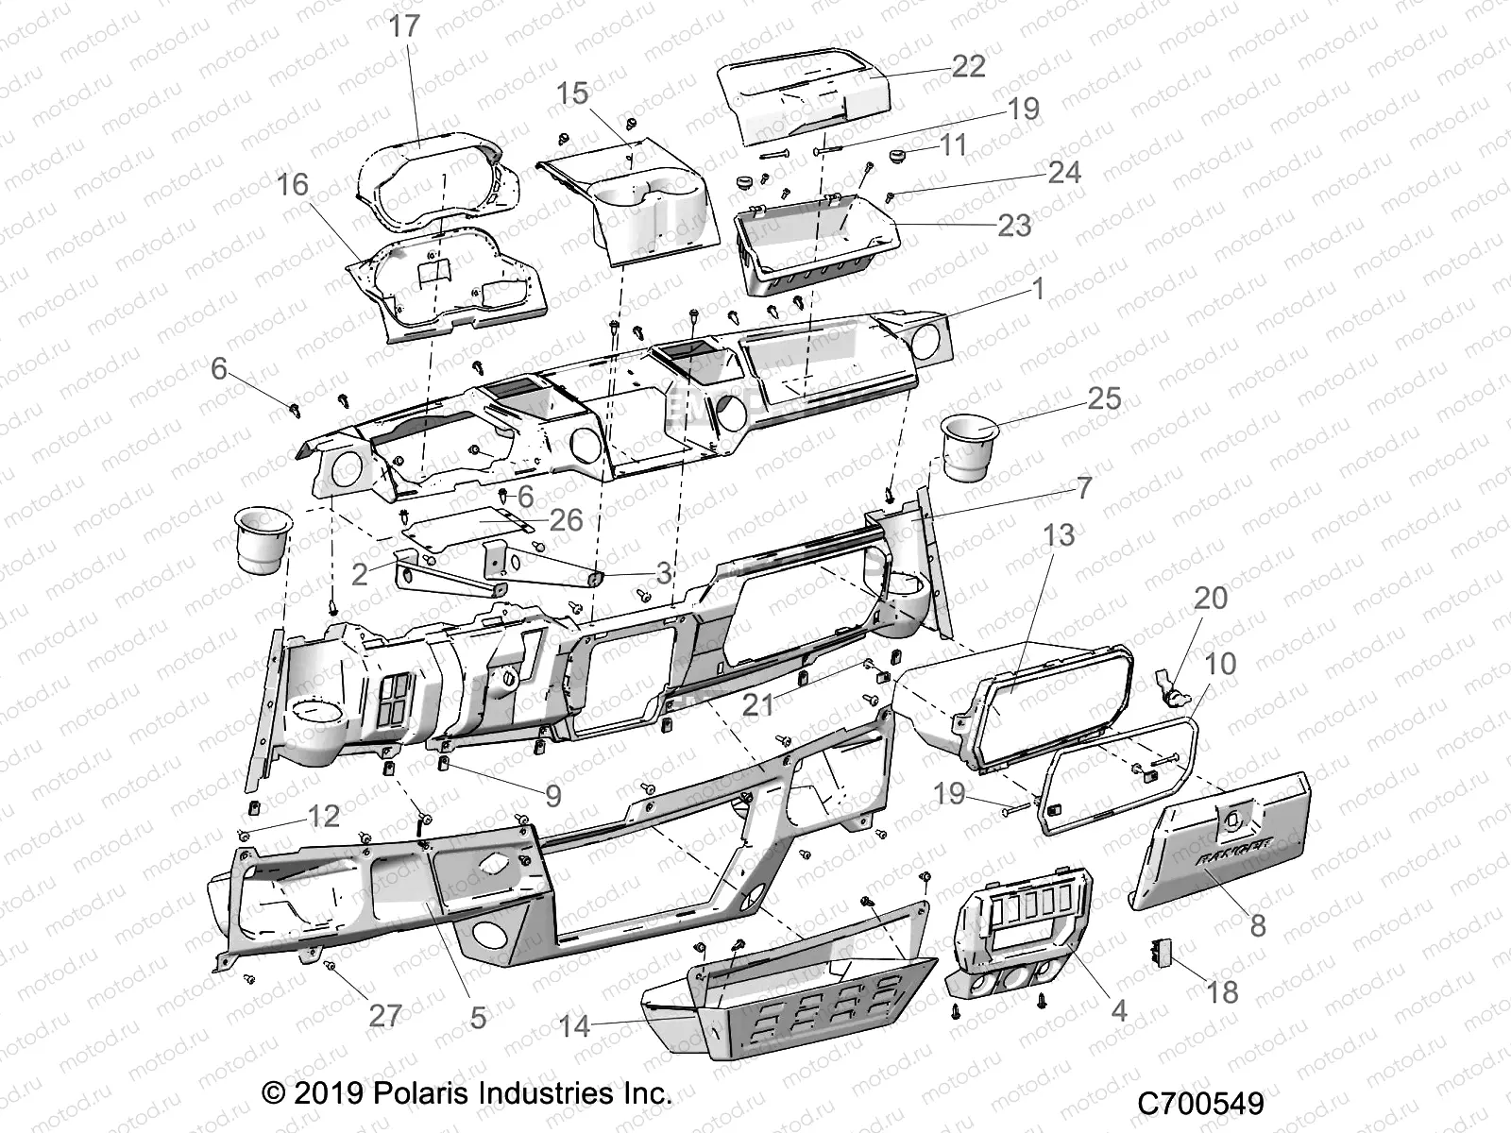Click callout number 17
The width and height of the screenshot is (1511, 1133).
404,25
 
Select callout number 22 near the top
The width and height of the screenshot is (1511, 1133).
968,65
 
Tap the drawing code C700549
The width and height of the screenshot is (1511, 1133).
1199,1104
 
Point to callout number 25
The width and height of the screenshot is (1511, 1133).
1103,397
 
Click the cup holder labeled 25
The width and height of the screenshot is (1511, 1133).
971,448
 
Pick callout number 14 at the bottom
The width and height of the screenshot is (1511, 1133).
574,1025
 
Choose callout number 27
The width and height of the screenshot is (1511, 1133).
385,1016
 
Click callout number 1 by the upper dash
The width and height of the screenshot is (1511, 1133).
1038,288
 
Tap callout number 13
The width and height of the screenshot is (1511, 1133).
1059,534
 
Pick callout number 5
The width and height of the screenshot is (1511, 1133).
478,1017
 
